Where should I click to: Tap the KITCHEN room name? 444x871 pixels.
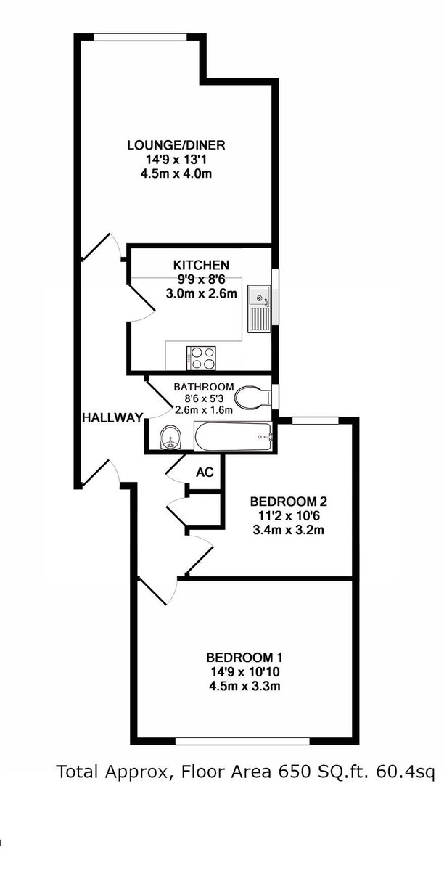[x=201, y=265]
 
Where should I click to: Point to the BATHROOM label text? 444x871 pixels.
[x=203, y=387]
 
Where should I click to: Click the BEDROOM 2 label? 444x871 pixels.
[x=289, y=502]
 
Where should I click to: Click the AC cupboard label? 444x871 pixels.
[x=205, y=472]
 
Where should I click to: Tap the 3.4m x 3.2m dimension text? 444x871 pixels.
[x=289, y=529]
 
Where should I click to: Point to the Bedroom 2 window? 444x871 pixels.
[x=316, y=420]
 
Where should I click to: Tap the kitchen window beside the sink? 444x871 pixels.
[x=276, y=298]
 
